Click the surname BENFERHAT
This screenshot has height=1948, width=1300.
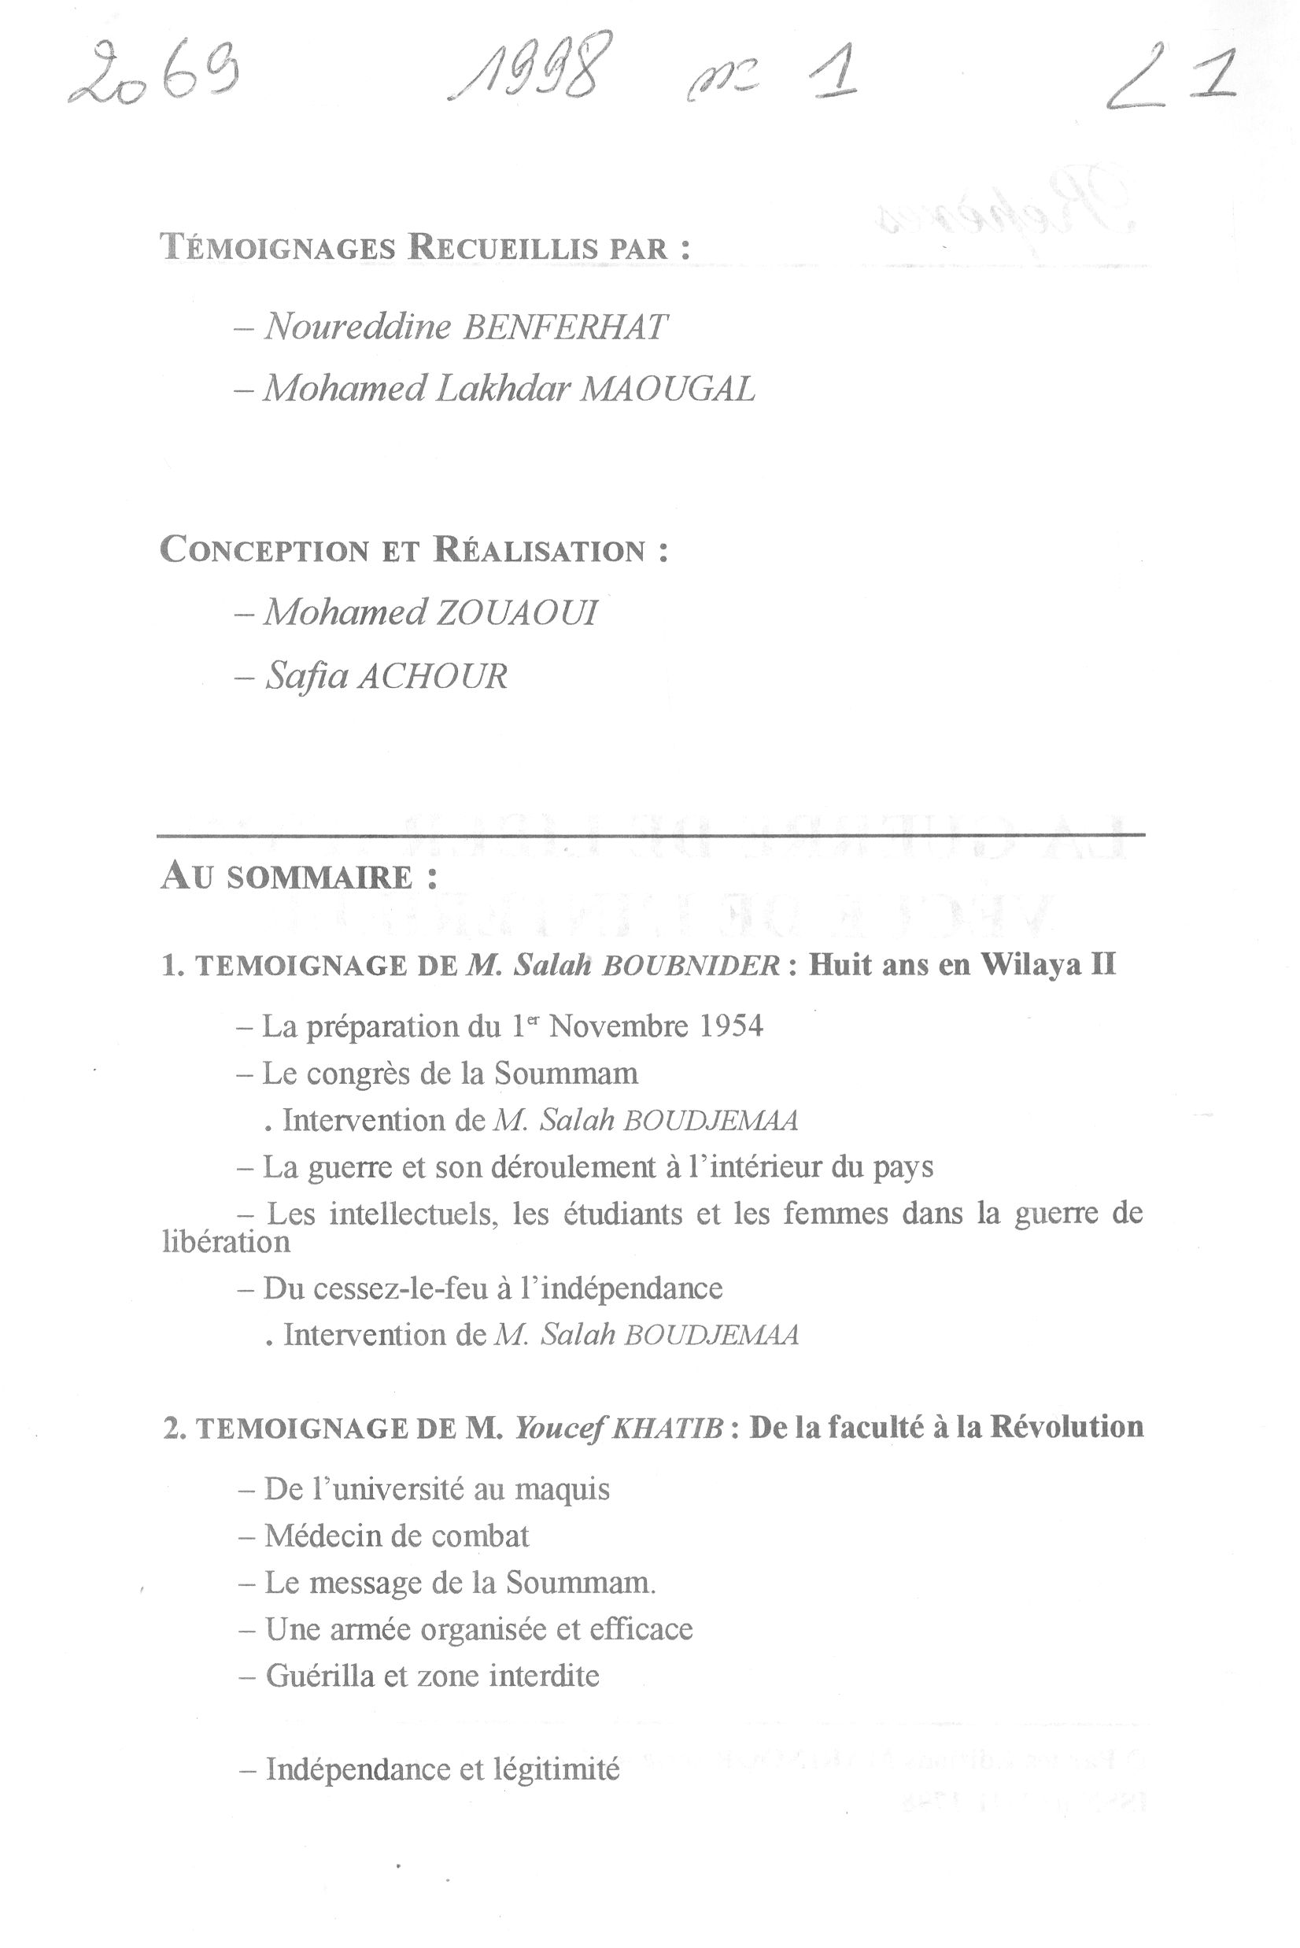coord(563,327)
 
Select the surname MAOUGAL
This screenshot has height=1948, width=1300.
coord(667,389)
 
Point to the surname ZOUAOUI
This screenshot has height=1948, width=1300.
coord(512,614)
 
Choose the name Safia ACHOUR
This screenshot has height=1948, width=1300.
coord(386,677)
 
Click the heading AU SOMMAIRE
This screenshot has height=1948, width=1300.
coord(298,878)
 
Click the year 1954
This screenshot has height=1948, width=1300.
coord(730,1026)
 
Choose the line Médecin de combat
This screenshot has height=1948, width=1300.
coord(397,1536)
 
